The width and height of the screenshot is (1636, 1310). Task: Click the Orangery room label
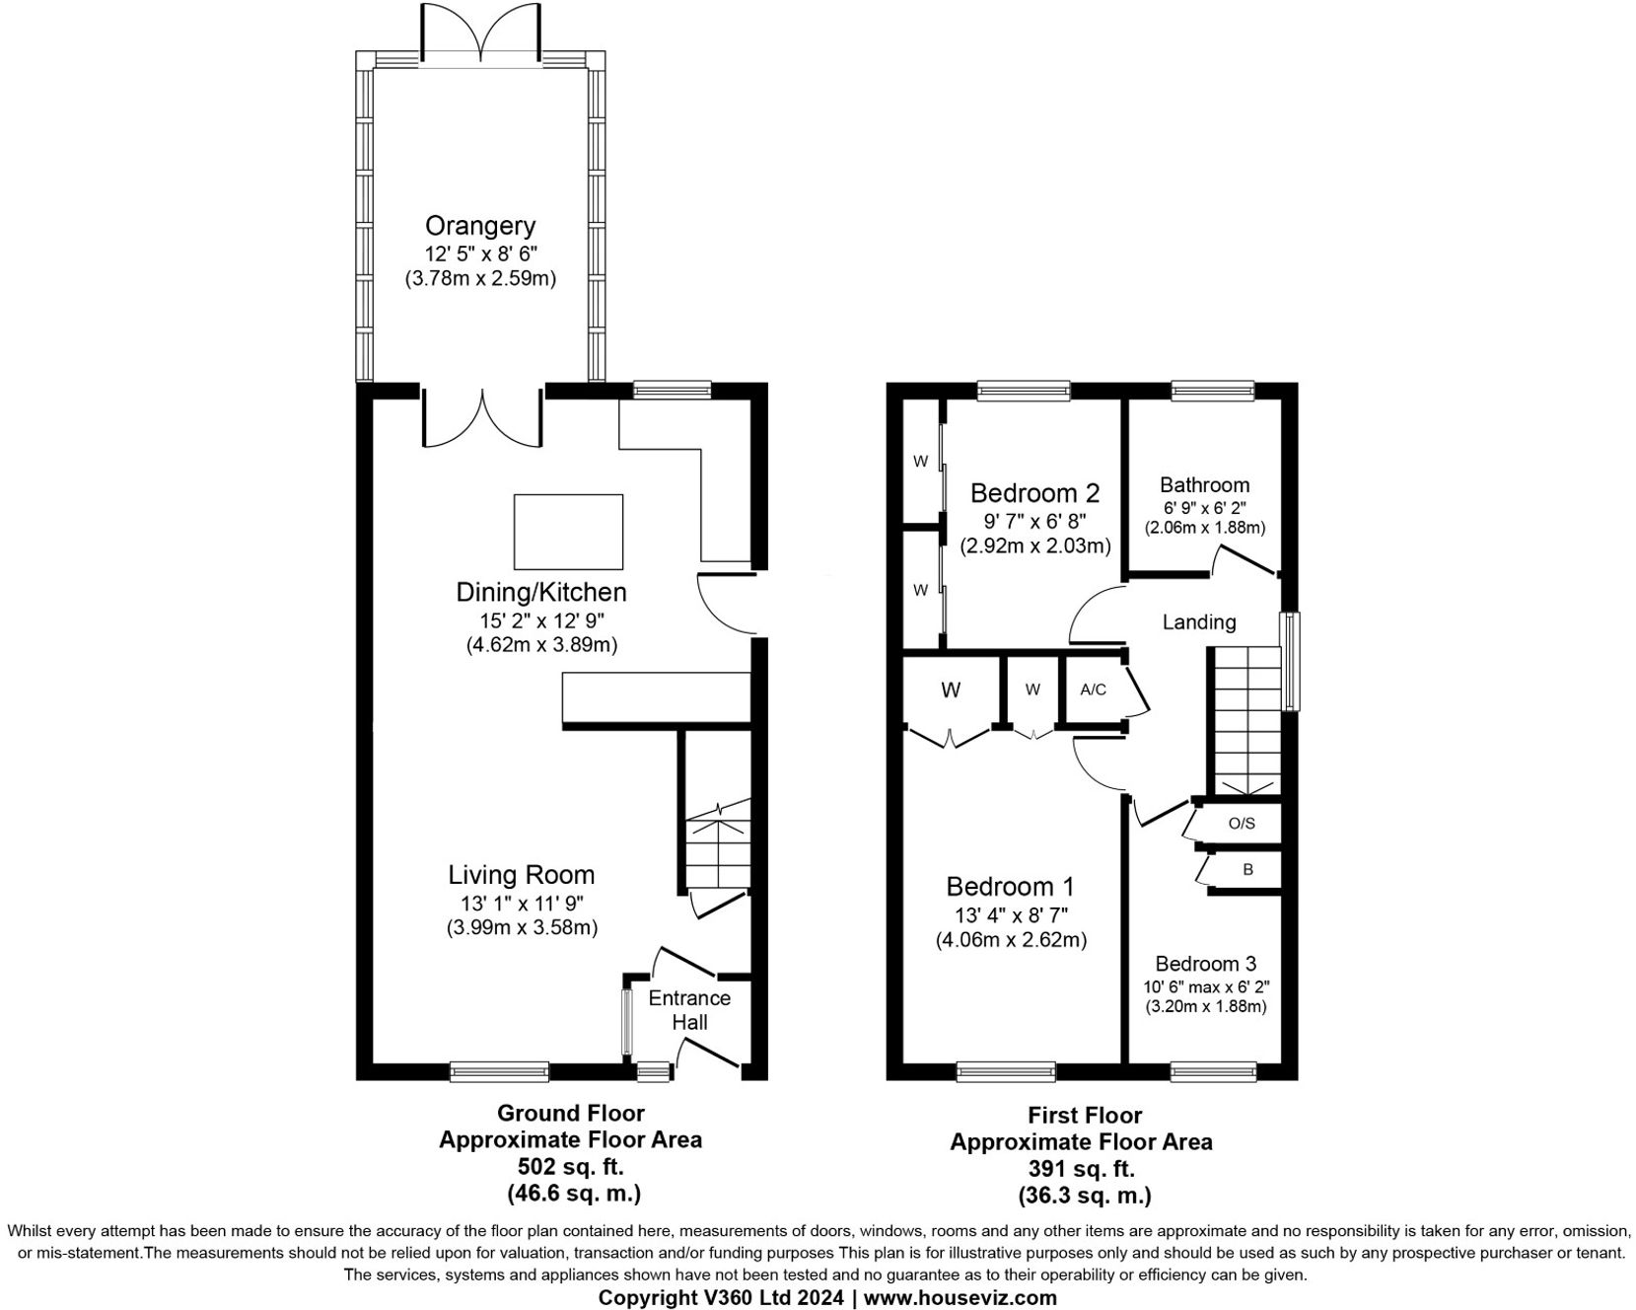(x=480, y=225)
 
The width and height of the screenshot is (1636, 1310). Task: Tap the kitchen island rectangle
(x=568, y=531)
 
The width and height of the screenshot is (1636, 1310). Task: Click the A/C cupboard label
(x=1093, y=690)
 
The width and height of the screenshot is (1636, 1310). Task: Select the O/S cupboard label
(x=1242, y=824)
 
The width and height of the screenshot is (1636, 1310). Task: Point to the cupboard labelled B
(x=1247, y=870)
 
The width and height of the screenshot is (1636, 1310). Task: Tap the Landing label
(x=1198, y=622)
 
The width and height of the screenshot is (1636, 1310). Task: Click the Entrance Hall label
(x=689, y=1010)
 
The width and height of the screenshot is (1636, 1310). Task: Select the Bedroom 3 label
(x=1205, y=964)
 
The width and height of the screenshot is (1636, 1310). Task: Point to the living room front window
(x=499, y=1071)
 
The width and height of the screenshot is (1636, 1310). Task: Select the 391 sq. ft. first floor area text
(x=1081, y=1169)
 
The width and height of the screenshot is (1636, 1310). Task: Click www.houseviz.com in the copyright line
(x=960, y=1297)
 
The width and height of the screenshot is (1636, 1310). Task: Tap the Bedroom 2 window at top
(x=1024, y=391)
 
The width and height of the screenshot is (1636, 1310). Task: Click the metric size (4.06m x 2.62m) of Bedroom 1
(x=1011, y=940)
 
